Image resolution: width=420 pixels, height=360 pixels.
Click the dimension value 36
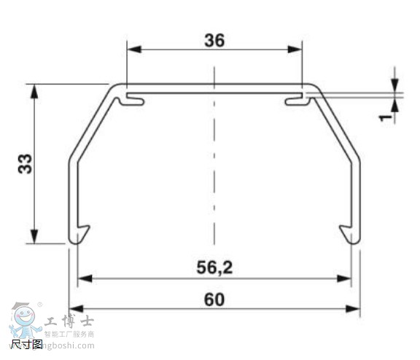point(214,41)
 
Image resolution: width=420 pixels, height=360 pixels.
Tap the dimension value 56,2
point(214,267)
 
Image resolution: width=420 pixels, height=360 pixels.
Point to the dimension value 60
point(214,299)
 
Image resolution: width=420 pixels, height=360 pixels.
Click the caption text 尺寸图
point(26,344)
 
